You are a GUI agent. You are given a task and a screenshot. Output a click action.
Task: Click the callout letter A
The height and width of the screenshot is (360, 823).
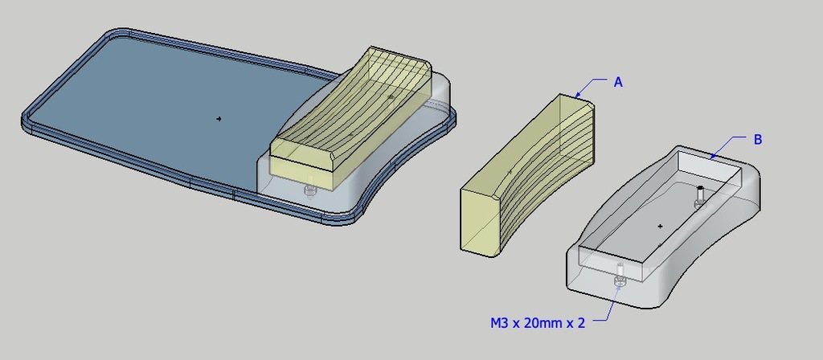(618, 82)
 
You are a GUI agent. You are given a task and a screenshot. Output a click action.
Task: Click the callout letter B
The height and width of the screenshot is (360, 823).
(758, 140)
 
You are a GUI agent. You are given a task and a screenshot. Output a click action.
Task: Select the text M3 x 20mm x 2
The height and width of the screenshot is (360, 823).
(538, 323)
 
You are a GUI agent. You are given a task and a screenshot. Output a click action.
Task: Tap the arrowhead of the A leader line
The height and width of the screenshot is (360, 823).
(577, 95)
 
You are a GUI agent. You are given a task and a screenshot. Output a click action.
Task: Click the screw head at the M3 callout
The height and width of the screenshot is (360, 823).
(620, 282)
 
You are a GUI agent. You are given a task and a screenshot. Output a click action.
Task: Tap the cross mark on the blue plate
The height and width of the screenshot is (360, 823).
(219, 119)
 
